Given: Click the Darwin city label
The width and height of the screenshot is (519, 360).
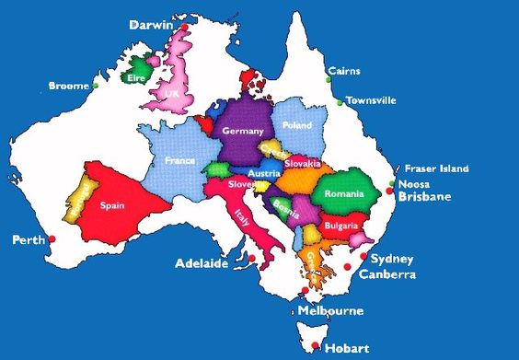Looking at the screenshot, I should (151, 25).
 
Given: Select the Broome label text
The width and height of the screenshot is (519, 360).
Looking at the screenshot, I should (68, 86).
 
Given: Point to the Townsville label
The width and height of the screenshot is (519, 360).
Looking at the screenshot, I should (371, 99).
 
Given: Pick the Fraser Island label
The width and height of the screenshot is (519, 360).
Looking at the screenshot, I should (437, 168).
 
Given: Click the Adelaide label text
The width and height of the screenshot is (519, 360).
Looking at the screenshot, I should (201, 263).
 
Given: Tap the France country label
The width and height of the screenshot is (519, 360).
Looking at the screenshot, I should (179, 160).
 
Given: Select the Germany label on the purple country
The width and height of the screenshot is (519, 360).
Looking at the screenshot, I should (243, 131).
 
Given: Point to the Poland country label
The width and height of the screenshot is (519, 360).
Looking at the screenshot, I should (297, 124).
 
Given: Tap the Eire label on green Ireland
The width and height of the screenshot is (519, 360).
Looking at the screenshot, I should (137, 78).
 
